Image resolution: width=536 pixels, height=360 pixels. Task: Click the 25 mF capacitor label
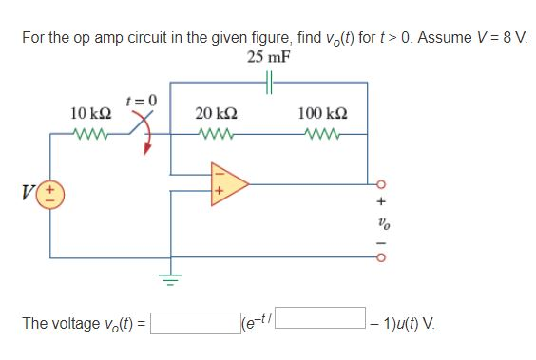coord(268,57)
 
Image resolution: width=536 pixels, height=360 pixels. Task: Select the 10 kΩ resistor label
coord(92,113)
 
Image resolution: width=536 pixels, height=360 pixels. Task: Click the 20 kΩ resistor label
coord(216,113)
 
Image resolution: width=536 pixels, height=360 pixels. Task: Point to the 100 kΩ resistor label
coord(321,113)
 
